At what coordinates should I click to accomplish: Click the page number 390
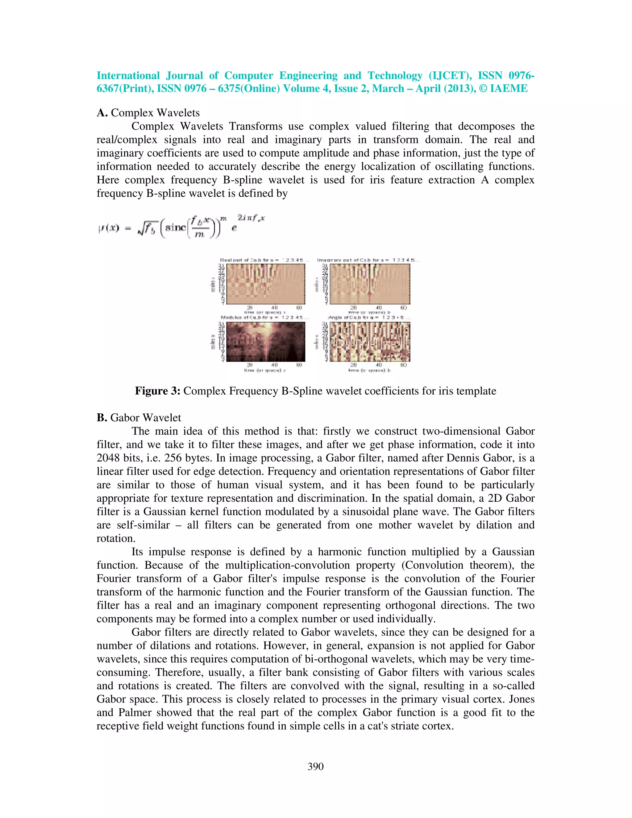[315, 767]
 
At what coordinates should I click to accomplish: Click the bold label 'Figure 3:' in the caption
[158, 391]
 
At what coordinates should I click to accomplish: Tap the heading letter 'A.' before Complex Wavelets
[102, 113]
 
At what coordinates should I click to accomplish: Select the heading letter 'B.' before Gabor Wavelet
[102, 418]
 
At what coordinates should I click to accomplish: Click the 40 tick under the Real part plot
[274, 308]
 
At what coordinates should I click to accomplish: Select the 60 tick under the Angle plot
[404, 365]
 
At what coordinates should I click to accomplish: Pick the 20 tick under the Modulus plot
[250, 365]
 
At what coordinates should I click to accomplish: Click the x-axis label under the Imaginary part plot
[369, 312]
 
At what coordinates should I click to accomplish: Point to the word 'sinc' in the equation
[175, 227]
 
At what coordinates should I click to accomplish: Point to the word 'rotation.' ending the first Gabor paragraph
[116, 539]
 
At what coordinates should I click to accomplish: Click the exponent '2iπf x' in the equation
[251, 218]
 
